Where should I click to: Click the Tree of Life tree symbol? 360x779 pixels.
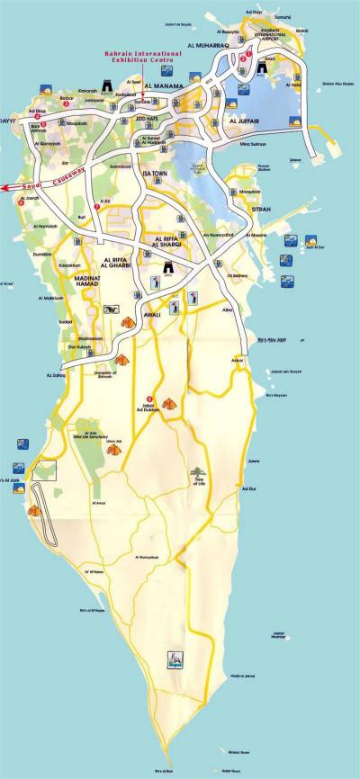[199, 471]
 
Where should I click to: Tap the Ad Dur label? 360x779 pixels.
[249, 488]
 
